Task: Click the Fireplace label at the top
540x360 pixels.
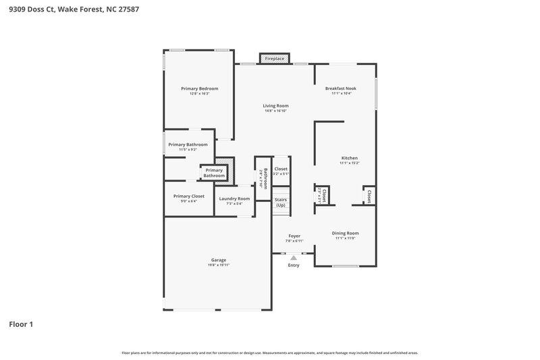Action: pos(275,59)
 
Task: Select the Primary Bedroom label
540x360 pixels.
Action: pos(199,88)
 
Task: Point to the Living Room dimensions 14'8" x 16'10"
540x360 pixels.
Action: pos(275,111)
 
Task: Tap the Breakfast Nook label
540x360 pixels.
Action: pos(341,88)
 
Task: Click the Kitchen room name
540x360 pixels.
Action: pos(349,158)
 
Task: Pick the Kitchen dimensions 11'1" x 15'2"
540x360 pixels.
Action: pos(349,163)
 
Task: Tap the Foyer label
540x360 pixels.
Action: pos(294,236)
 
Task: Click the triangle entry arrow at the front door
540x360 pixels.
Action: pos(294,257)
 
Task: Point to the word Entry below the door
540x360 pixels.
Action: pos(294,265)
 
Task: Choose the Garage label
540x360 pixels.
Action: pos(219,259)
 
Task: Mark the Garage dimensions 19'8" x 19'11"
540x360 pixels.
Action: pos(219,265)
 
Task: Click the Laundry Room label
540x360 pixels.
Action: pos(234,199)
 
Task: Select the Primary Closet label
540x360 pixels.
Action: pos(188,196)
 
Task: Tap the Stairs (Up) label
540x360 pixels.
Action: pos(281,202)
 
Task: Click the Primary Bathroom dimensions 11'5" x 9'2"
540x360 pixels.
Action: pos(188,149)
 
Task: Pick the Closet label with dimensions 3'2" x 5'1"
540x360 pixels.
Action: pos(281,169)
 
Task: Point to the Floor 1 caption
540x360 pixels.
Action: pos(21,324)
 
